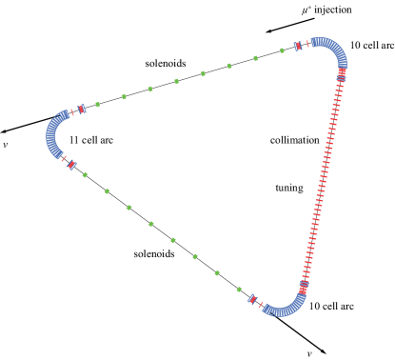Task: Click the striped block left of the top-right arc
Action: tap(298, 46)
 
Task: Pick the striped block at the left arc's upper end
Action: tap(81, 110)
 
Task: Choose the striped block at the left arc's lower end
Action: tap(71, 165)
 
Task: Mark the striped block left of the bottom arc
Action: tap(252, 299)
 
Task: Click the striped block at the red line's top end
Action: tap(342, 72)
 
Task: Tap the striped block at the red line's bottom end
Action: tap(304, 285)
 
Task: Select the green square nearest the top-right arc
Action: tap(282, 50)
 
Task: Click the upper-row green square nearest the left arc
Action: tap(97, 105)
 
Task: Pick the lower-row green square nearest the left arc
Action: tap(85, 174)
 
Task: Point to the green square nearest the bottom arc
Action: tap(239, 289)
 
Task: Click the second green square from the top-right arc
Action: tap(255, 58)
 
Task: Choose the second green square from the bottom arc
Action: tap(217, 272)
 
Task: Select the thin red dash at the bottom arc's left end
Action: tap(260, 305)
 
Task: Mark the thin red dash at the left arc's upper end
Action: tap(71, 112)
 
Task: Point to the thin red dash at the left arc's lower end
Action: tap(64, 158)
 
